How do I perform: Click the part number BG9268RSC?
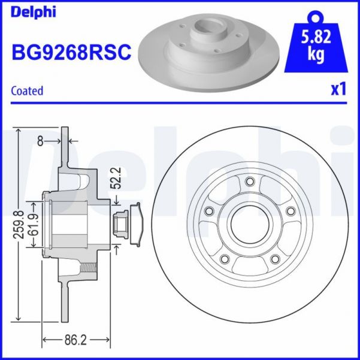point(71,53)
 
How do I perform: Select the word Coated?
point(28,91)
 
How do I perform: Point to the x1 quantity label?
point(338,90)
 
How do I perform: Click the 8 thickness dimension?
point(40,141)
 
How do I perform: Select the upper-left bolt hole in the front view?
point(209,211)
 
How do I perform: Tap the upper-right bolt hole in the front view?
point(291,211)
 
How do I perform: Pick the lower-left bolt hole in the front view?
point(225,259)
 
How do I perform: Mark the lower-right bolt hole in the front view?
point(275,259)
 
